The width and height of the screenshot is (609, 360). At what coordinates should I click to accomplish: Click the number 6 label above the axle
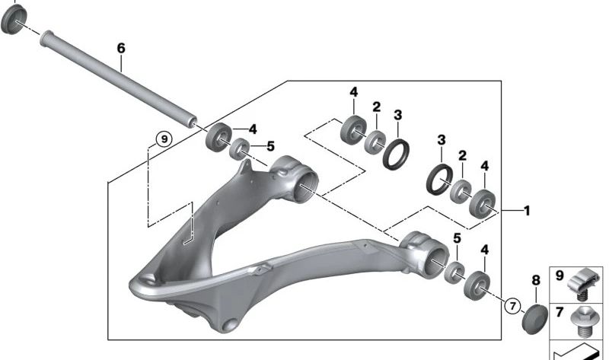click(120, 48)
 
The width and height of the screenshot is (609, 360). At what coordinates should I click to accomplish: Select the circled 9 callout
click(162, 139)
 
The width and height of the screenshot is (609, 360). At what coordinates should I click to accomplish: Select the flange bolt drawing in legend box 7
click(585, 320)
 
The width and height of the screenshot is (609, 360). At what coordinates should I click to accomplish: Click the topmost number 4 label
click(353, 92)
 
